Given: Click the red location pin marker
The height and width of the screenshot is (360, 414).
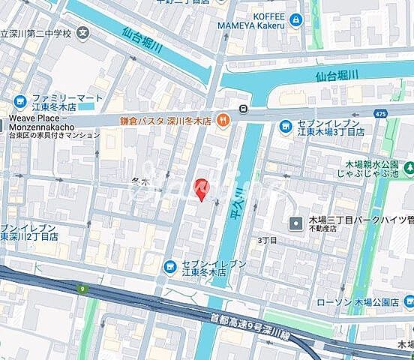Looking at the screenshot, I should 199,189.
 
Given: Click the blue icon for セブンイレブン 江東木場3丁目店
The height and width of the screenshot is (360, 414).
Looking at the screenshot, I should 285,127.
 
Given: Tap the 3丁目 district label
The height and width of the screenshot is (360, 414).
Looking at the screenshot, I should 267,240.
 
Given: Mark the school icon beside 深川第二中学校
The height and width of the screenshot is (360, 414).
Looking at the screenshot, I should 81,32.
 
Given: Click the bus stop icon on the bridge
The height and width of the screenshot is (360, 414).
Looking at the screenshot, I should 244,109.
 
